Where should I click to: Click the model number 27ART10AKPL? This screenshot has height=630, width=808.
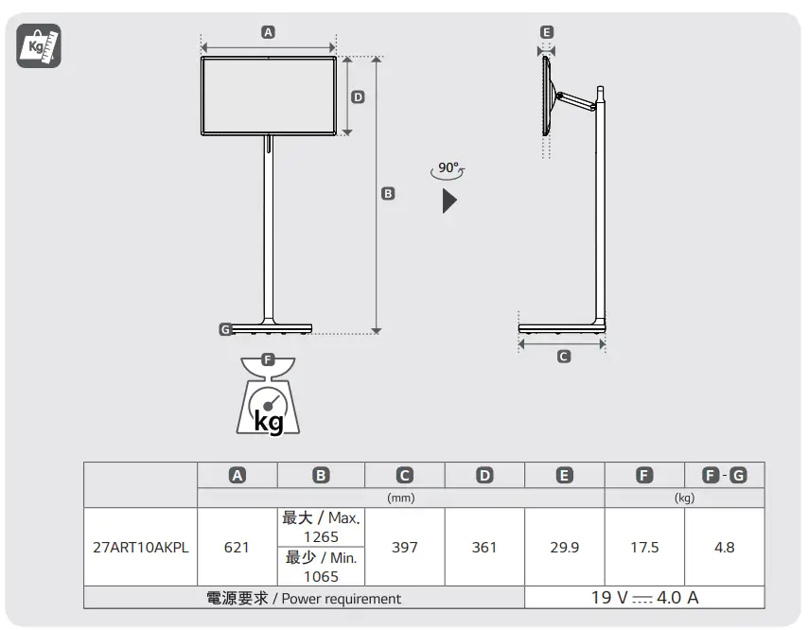tap(140, 547)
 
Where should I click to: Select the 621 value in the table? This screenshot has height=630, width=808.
tap(237, 547)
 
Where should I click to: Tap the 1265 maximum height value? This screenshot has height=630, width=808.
tap(321, 537)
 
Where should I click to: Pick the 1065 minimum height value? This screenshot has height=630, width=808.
tap(321, 576)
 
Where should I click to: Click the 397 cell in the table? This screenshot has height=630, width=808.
tap(404, 547)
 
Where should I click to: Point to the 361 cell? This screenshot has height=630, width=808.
tap(484, 547)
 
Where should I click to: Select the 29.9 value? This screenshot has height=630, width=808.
tap(564, 547)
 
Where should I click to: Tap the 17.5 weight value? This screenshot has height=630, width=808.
tap(644, 547)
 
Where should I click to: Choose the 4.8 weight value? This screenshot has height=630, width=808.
tap(725, 547)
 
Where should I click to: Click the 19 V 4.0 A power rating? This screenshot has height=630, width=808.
tap(644, 598)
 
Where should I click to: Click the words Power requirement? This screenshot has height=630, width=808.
tap(341, 599)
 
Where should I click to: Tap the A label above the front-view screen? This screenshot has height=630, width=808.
tap(268, 32)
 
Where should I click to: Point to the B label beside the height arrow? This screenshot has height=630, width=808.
tap(388, 193)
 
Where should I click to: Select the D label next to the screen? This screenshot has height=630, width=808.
tap(358, 96)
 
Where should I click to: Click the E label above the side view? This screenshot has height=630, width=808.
tap(546, 32)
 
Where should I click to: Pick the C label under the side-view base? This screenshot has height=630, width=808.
tap(563, 357)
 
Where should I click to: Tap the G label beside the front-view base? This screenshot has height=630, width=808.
tap(225, 329)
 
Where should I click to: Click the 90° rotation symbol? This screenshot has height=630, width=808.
tap(448, 170)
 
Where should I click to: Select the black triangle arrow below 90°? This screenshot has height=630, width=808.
tap(449, 201)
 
